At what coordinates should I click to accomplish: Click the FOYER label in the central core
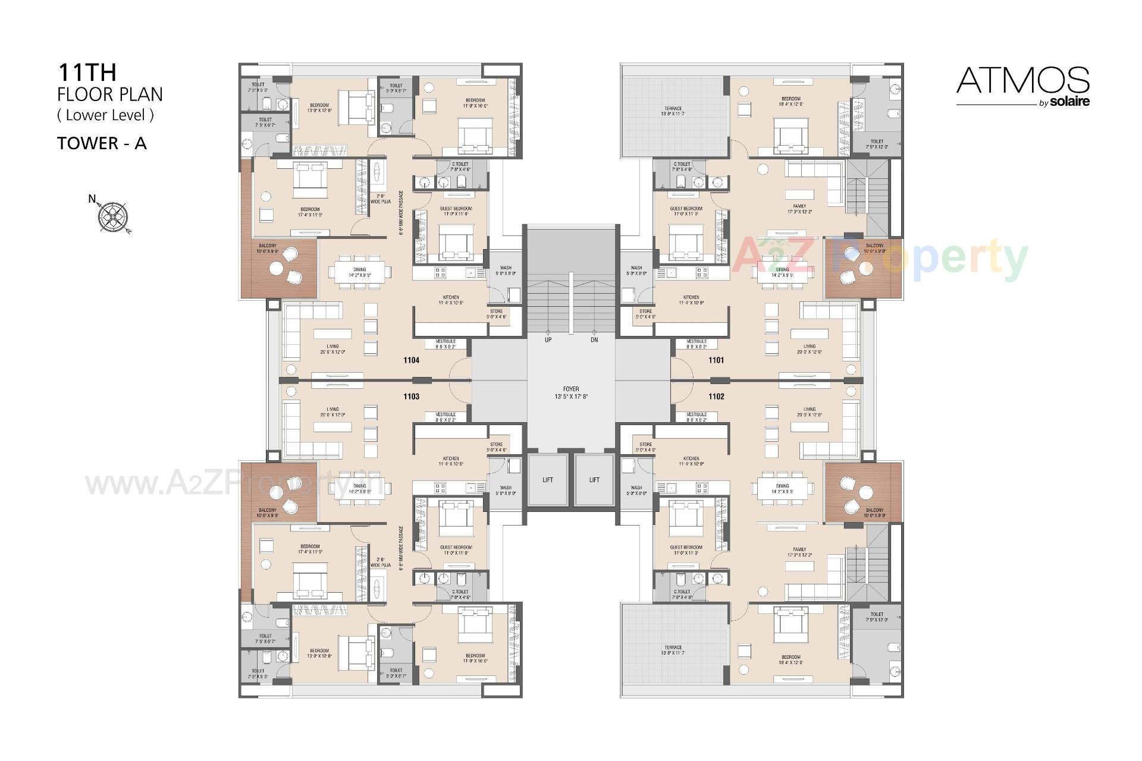click(x=570, y=389)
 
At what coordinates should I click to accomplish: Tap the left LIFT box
click(x=548, y=480)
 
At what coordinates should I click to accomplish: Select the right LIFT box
click(x=594, y=480)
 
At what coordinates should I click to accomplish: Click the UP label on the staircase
click(x=548, y=340)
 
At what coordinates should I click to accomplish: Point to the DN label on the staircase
click(x=594, y=340)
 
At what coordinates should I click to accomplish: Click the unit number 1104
click(x=411, y=360)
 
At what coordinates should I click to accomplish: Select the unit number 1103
click(x=411, y=397)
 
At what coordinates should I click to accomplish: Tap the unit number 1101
click(x=716, y=360)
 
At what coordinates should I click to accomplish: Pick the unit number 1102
click(x=716, y=397)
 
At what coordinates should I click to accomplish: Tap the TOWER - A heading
click(x=102, y=143)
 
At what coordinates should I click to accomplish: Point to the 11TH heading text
click(x=87, y=73)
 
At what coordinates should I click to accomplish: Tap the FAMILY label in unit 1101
click(x=799, y=206)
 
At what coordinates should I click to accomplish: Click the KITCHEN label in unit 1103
click(x=451, y=459)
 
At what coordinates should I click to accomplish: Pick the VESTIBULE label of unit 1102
click(x=696, y=414)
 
